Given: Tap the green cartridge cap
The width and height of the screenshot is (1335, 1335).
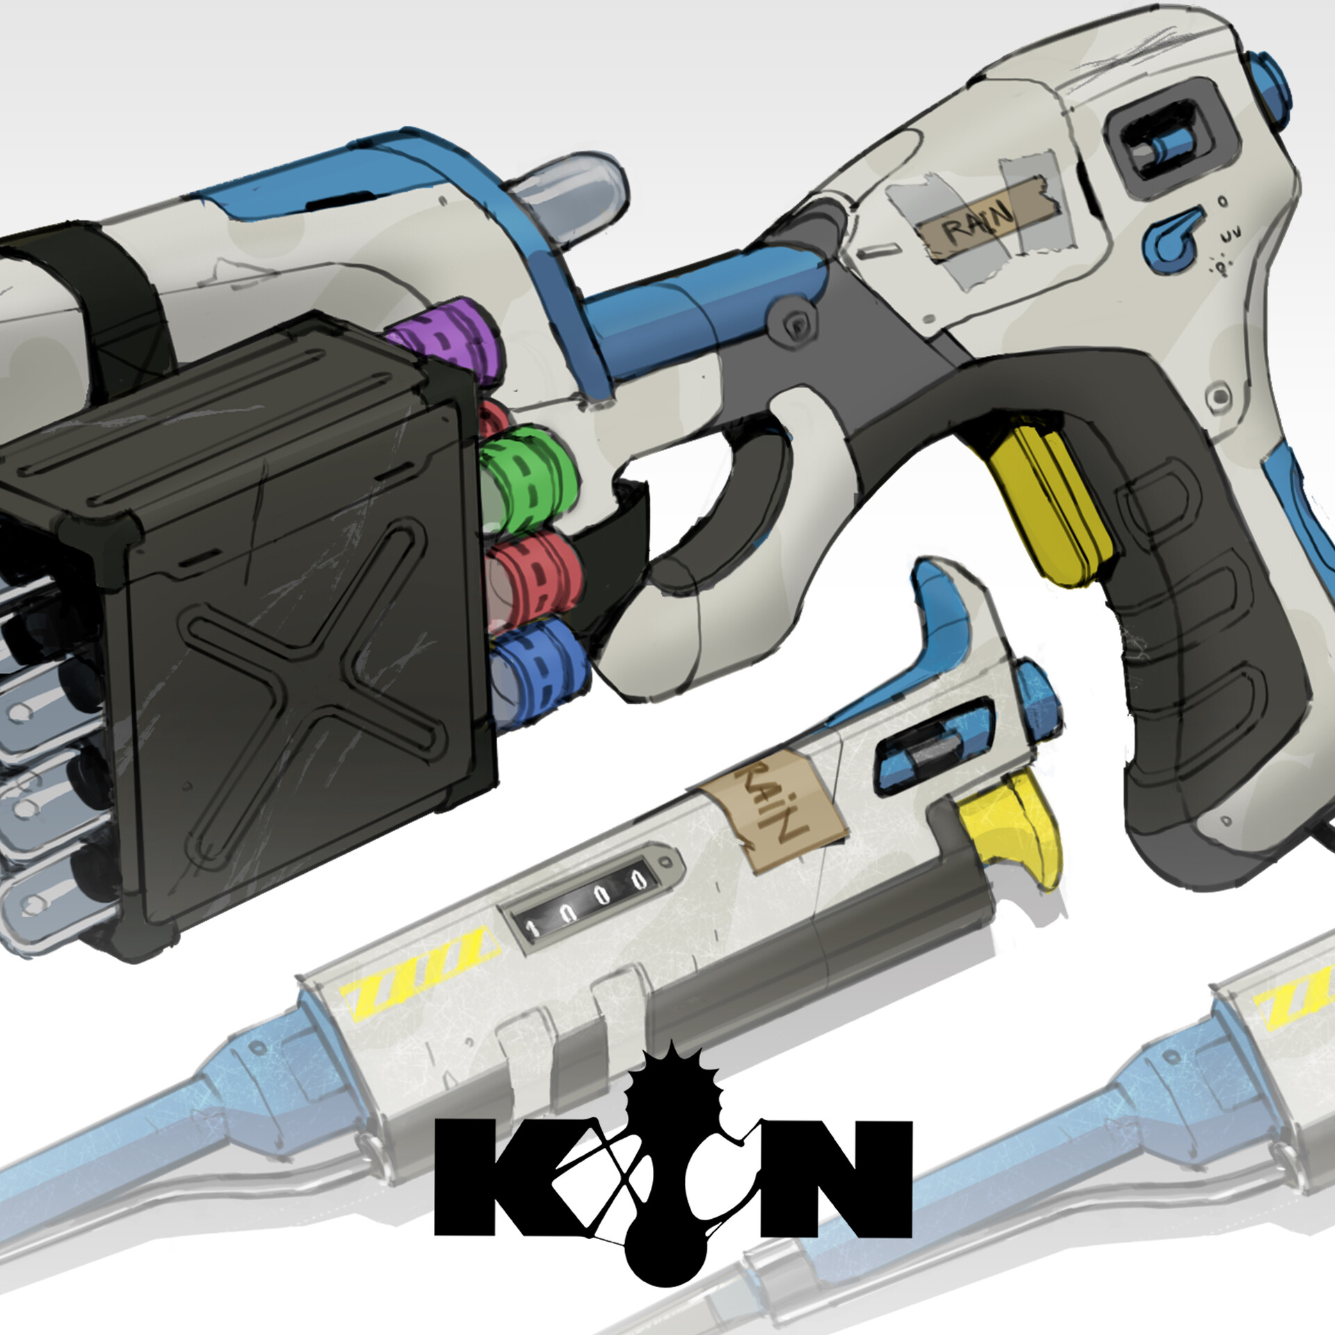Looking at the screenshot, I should pyautogui.click(x=532, y=480).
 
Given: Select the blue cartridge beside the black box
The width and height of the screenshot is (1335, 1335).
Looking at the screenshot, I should pyautogui.click(x=542, y=667).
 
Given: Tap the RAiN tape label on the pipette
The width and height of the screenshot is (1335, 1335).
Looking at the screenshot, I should pyautogui.click(x=772, y=807).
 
